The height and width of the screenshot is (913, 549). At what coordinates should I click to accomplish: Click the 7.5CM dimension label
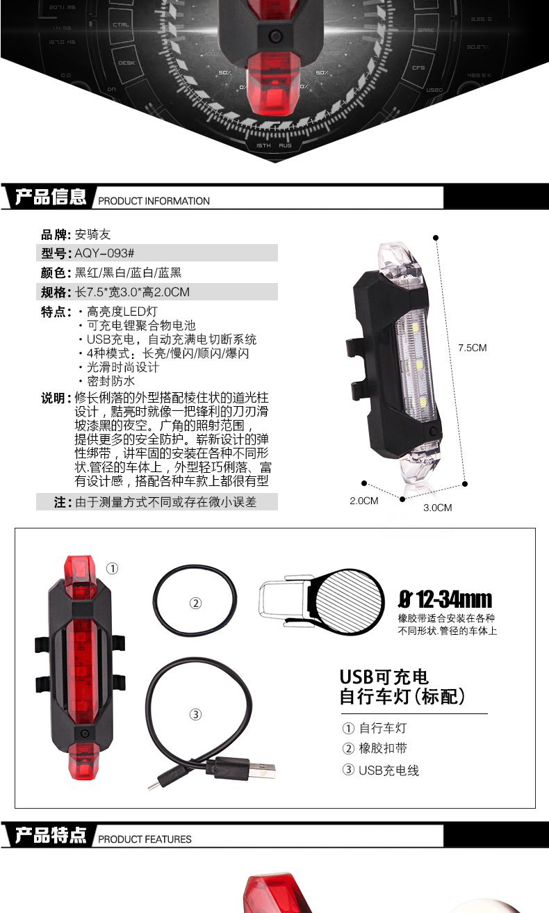click(472, 348)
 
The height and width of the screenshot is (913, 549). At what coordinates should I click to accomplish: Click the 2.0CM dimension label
click(363, 501)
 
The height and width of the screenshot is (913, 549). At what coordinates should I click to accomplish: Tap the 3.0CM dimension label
click(438, 508)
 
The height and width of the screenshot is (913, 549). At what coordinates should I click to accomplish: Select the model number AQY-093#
click(104, 253)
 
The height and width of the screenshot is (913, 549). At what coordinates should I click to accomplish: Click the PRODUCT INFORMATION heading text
click(154, 201)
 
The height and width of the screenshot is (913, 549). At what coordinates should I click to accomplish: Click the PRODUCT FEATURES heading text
click(145, 839)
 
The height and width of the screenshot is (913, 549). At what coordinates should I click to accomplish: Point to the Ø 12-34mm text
click(445, 599)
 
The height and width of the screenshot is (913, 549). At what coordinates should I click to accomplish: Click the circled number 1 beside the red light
click(112, 569)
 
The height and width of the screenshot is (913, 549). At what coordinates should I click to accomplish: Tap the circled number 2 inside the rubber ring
click(195, 604)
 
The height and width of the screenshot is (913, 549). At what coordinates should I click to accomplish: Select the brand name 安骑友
click(93, 235)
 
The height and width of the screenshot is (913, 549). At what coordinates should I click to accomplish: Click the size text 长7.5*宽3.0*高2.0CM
click(132, 292)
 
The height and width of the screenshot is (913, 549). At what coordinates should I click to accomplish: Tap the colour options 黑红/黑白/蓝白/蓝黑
click(128, 273)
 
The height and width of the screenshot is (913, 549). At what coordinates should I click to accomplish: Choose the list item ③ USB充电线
click(381, 770)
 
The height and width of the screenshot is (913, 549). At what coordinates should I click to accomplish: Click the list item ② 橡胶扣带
click(375, 749)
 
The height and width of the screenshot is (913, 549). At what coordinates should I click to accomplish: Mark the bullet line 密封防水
click(111, 381)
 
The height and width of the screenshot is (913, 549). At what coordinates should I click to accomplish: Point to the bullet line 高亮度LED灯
click(122, 312)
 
